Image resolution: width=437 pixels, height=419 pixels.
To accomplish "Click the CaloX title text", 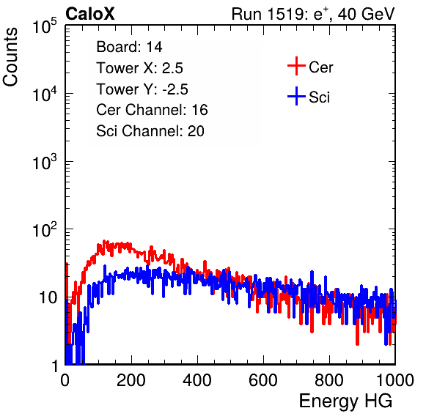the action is [89, 14].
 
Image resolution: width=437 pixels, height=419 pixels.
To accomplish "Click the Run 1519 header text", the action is [313, 15].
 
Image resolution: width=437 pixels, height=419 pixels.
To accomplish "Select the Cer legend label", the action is [320, 67].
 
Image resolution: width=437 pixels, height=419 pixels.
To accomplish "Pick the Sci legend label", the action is [319, 97].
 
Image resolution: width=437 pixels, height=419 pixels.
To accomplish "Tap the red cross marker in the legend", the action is [296, 66].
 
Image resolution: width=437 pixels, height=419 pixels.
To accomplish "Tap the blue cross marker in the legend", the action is [296, 96].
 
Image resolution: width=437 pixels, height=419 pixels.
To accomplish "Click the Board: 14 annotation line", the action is [129, 47].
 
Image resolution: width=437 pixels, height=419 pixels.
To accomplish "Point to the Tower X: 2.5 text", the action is [139, 68].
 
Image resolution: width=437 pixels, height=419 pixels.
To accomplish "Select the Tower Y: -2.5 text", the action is [142, 89].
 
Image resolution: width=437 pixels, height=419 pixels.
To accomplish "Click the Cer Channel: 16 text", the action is [152, 110].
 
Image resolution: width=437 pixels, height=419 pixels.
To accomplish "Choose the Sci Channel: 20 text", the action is [150, 131].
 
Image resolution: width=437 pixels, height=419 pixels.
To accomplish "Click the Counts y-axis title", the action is [10, 57].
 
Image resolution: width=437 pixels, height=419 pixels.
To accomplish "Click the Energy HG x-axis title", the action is [345, 401].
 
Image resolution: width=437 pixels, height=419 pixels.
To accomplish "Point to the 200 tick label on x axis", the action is [131, 380].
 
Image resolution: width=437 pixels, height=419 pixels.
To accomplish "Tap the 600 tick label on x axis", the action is [263, 380].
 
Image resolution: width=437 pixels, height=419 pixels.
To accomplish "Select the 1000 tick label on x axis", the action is [395, 380].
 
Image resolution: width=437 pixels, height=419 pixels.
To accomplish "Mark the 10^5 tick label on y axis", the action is [45, 26].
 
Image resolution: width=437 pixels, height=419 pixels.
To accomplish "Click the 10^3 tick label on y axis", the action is [45, 161].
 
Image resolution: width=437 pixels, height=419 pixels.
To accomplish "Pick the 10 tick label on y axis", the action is [48, 297].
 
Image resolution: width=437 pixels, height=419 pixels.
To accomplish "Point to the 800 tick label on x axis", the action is [329, 380].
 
